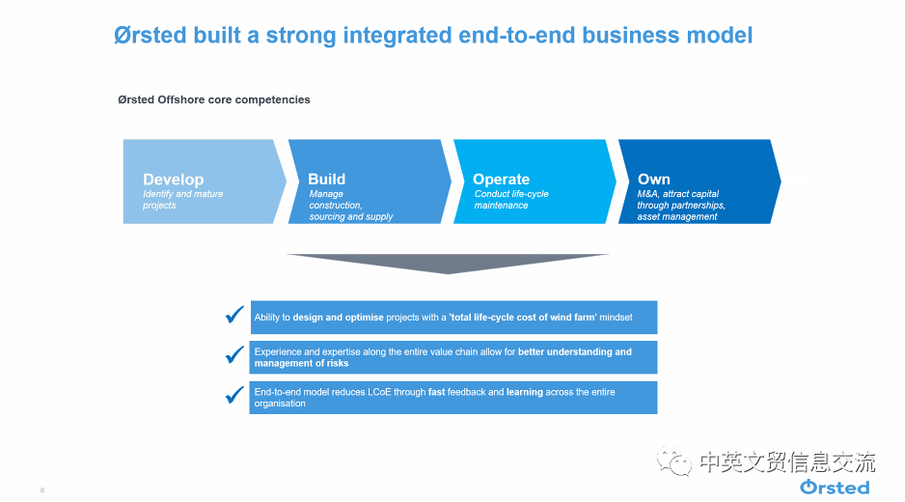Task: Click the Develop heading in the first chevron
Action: click(x=173, y=180)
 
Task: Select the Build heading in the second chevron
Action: click(x=327, y=180)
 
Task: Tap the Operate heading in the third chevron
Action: click(x=501, y=180)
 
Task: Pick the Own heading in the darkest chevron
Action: click(x=654, y=180)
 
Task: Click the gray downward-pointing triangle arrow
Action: click(x=448, y=263)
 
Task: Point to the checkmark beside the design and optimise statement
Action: click(x=234, y=315)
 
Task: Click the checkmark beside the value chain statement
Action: click(x=234, y=354)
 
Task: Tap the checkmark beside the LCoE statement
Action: click(x=234, y=395)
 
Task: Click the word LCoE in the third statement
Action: click(x=379, y=392)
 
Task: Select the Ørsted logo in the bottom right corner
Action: click(x=835, y=487)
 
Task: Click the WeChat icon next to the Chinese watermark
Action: click(x=673, y=461)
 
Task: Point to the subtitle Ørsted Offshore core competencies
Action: click(x=214, y=100)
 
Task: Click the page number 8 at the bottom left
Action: click(x=42, y=490)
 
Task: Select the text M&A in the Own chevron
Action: click(x=647, y=194)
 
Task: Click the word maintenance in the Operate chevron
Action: click(x=501, y=205)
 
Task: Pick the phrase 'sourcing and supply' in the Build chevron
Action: click(x=351, y=216)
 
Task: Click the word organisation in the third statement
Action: click(x=280, y=404)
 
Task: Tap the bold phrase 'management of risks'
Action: click(x=301, y=363)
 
